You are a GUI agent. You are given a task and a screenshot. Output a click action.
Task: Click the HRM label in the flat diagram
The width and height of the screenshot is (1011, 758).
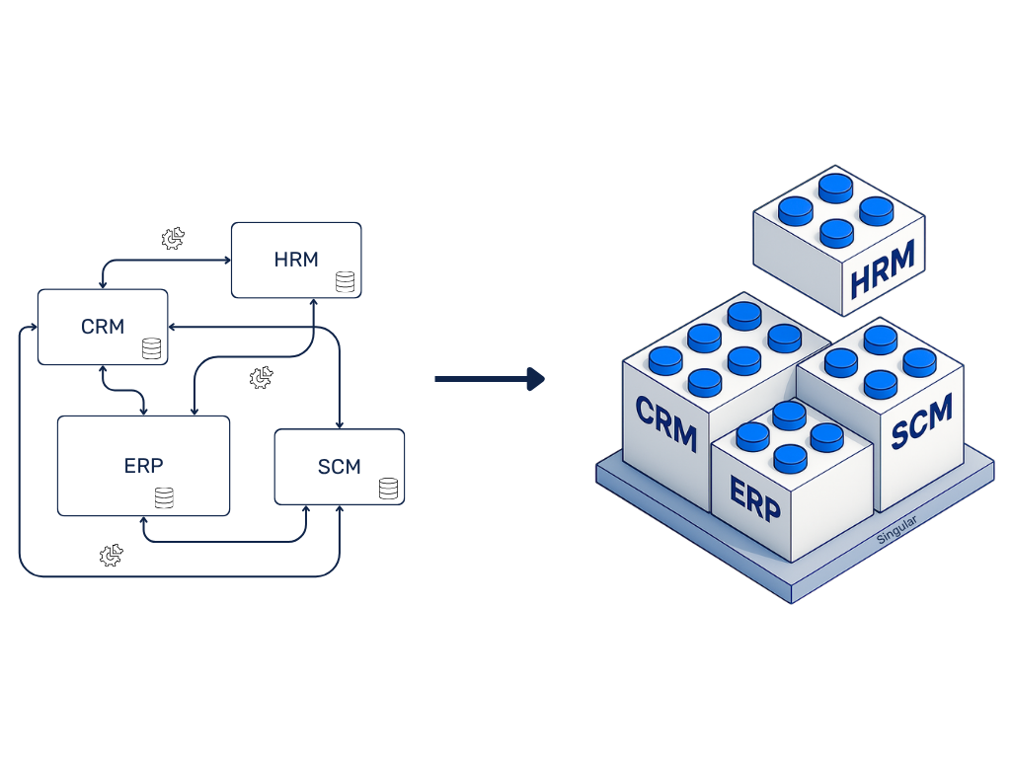pos(296,260)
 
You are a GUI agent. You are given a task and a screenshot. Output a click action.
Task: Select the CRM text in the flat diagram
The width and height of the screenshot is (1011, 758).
pos(103,327)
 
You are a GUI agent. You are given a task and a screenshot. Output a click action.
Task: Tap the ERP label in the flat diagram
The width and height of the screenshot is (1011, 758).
pos(143,466)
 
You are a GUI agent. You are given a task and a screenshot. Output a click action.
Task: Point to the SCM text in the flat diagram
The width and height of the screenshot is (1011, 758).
pos(339,467)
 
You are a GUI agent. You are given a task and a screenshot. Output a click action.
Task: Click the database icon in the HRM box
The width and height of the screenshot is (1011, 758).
pos(345,282)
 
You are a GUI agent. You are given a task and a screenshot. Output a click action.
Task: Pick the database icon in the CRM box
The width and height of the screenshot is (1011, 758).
pos(151,348)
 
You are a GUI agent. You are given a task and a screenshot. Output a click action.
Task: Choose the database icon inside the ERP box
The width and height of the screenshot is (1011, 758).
pos(164,497)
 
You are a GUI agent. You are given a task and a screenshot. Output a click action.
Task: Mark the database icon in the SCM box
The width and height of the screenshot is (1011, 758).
pos(388,488)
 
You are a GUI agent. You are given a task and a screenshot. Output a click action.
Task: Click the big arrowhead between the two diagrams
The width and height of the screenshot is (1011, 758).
pos(536,378)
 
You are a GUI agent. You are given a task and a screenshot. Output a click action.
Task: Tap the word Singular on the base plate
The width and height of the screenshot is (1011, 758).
pos(896,529)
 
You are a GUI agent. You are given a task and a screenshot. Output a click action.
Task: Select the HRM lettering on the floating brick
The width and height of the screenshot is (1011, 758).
pos(883,266)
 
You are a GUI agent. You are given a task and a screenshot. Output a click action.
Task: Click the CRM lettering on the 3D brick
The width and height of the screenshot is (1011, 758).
pos(666,422)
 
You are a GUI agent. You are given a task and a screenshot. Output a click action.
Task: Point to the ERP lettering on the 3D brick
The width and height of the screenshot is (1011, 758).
pos(755,498)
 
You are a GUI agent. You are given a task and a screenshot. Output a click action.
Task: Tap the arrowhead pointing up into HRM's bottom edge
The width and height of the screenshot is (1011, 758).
pos(313,303)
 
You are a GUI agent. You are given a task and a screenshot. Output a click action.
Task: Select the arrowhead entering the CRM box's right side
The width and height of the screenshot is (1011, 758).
pos(174,327)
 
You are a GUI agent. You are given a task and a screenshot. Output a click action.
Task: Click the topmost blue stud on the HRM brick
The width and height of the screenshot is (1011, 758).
pos(836,185)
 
